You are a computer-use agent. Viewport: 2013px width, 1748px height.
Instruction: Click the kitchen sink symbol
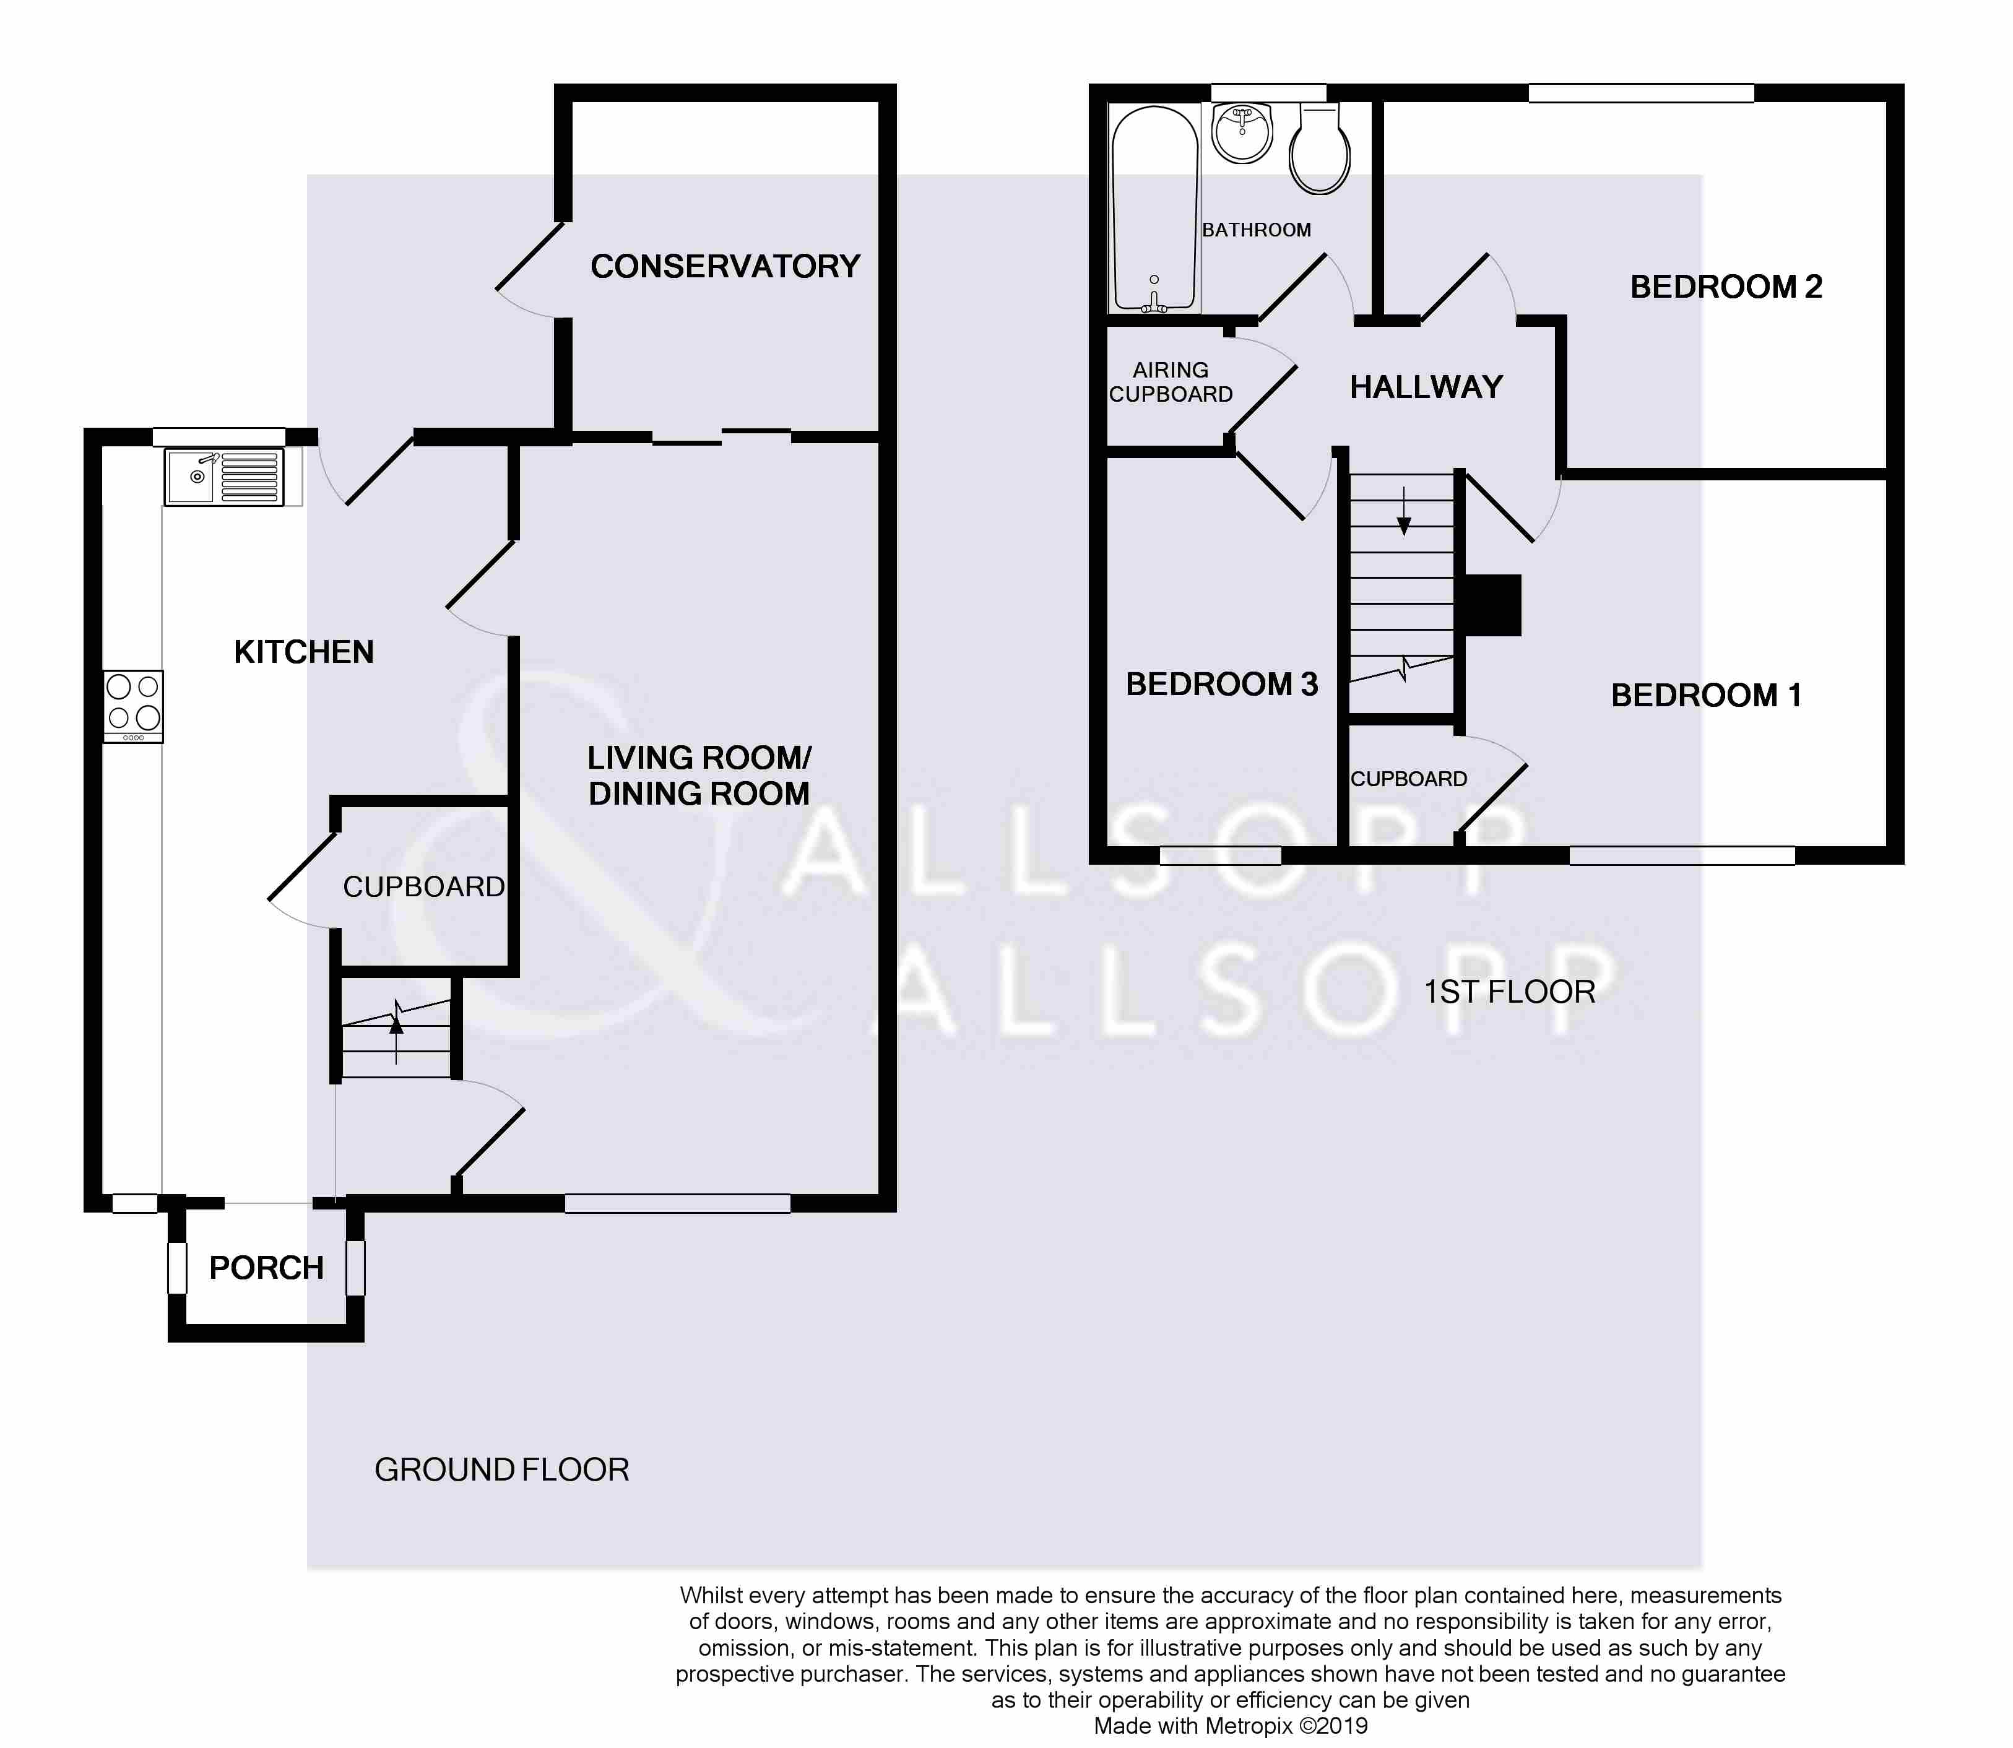click(224, 477)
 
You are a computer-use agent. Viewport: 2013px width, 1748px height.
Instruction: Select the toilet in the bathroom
click(1320, 149)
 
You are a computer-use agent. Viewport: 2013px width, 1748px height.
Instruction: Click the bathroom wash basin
click(1242, 132)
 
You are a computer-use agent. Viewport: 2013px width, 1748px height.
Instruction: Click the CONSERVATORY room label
click(725, 266)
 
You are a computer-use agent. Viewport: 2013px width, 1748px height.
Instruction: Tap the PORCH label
click(266, 1268)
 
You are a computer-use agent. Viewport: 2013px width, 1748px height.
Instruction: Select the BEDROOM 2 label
click(1726, 287)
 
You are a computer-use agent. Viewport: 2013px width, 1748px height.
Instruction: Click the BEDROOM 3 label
click(1222, 685)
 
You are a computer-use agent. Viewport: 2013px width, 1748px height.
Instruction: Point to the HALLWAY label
click(1426, 387)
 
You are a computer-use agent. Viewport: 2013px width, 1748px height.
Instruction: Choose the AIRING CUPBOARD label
click(1171, 383)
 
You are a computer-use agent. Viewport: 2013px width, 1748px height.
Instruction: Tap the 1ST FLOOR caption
click(1510, 992)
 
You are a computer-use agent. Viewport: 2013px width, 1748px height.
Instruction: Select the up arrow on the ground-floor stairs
click(396, 1032)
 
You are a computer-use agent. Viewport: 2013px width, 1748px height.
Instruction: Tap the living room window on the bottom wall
click(678, 1204)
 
